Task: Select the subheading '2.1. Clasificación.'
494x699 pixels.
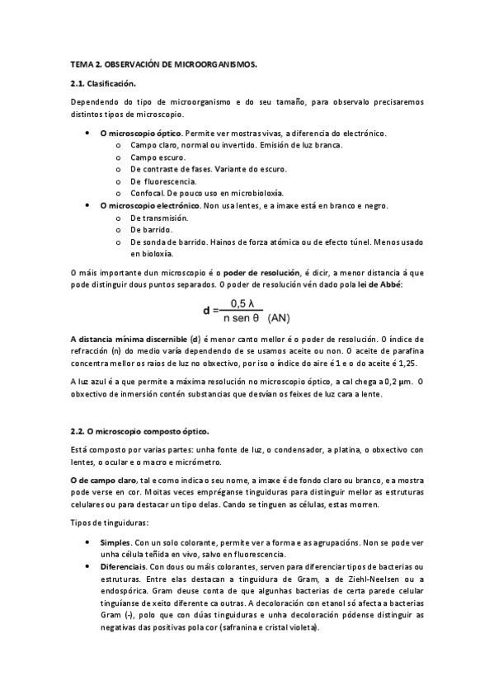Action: pyautogui.click(x=104, y=83)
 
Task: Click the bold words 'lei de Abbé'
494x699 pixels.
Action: pyautogui.click(x=377, y=284)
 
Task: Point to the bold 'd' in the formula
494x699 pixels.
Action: pyautogui.click(x=207, y=312)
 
